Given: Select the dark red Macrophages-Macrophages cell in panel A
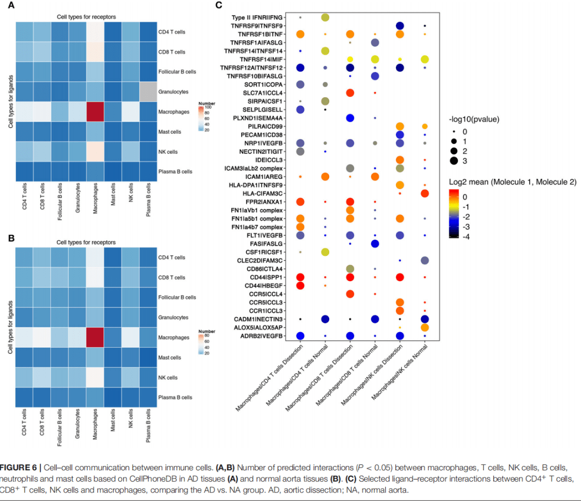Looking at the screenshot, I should (95, 111).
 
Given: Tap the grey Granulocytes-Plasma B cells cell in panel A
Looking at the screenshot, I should (148, 92).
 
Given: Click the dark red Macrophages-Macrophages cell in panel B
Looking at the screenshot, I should (95, 338).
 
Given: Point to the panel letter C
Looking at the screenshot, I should (218, 5).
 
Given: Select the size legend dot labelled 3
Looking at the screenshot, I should (454, 160).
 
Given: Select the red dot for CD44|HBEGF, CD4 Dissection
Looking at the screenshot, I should (300, 285).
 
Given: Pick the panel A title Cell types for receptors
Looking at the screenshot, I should (86, 17).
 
